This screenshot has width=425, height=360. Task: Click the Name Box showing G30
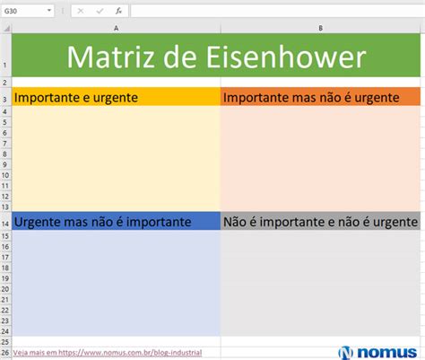coord(28,11)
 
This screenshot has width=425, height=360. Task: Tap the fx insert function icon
coord(118,11)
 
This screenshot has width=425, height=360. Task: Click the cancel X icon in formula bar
coord(81,11)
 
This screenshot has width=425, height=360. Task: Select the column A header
coord(116,28)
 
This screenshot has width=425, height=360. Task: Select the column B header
coord(320,28)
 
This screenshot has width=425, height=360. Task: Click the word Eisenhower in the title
coord(286,57)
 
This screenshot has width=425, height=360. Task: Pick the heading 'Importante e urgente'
coord(76,98)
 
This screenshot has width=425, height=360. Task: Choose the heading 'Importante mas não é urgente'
coord(311,98)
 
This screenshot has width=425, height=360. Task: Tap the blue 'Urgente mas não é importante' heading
coord(102,222)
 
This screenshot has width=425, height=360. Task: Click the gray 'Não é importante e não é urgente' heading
coord(320,222)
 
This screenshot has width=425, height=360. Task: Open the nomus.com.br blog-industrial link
coord(108,353)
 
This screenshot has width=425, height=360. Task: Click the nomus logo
coord(377,353)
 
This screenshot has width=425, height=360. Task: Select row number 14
coord(5,224)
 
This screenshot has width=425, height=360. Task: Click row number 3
coord(4,100)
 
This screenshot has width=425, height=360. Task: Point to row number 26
coord(5,353)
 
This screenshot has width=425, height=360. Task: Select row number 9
coord(4,164)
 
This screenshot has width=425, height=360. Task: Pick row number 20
coord(5,289)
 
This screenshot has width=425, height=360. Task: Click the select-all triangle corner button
coord(6,29)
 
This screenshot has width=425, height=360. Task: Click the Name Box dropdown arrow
coord(49,11)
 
